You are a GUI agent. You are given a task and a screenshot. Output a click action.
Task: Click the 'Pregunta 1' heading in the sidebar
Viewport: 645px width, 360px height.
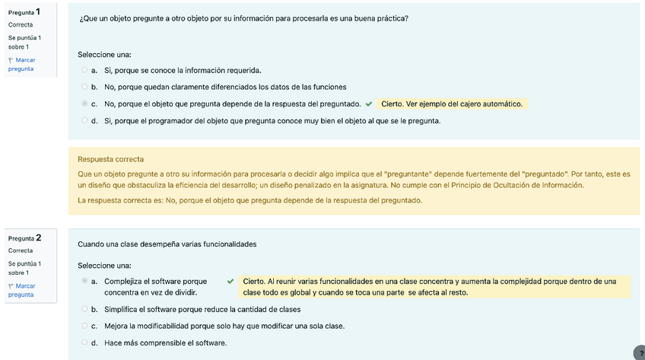(24, 12)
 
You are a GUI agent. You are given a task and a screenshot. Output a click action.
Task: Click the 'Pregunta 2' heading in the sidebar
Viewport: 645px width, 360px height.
(24, 238)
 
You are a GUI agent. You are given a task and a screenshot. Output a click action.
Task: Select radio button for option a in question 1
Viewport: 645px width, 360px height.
(84, 70)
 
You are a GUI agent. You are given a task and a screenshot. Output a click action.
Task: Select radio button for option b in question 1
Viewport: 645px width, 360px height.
(84, 87)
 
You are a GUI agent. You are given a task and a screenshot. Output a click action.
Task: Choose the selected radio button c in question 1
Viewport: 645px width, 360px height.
(84, 104)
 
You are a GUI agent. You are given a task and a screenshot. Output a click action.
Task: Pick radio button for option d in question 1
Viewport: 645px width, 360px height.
(84, 120)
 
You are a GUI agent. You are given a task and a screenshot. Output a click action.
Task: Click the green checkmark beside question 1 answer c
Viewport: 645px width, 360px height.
(369, 104)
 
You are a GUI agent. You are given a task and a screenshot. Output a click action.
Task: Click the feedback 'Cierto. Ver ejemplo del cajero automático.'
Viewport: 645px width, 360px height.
(452, 104)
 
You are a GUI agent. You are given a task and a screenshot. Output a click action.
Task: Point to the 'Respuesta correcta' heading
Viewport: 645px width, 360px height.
(111, 159)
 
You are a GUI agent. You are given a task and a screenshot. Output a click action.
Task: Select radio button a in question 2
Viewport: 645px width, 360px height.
(84, 282)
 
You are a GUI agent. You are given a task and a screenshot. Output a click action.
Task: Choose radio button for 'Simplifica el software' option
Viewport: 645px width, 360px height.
(84, 309)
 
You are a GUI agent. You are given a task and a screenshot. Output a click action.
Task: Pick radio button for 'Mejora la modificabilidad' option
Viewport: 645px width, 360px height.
(84, 326)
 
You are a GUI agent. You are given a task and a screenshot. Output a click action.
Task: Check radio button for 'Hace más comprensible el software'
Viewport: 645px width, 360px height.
(84, 342)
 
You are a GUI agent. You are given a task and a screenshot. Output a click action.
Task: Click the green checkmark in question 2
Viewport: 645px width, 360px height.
(230, 282)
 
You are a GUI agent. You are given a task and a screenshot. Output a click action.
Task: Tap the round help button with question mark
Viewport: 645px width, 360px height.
(639, 352)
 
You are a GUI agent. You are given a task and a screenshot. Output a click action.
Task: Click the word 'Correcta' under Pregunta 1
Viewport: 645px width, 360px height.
(21, 24)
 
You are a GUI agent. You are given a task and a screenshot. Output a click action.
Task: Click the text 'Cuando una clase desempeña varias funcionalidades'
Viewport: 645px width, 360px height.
(167, 244)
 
